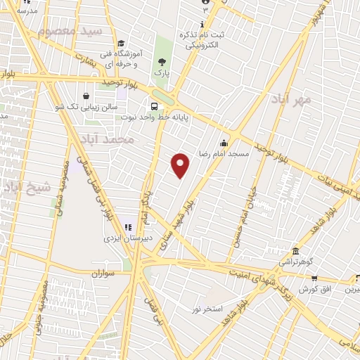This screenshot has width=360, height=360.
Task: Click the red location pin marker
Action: (181, 165)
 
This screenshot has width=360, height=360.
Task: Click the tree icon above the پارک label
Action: (163, 61)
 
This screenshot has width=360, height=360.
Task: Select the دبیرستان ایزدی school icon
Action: (128, 226)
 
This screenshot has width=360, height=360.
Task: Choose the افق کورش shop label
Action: (315, 290)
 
